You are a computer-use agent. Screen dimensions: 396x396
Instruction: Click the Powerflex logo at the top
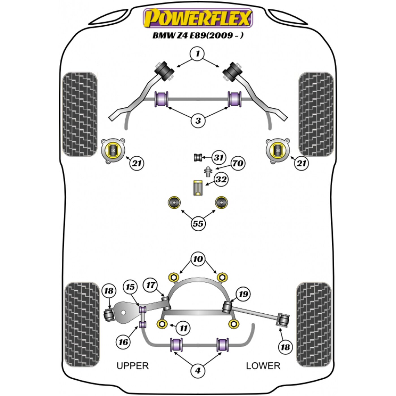[x=198, y=18]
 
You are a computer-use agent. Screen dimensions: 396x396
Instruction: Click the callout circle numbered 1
[x=198, y=54]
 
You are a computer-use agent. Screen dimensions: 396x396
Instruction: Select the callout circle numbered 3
[x=198, y=121]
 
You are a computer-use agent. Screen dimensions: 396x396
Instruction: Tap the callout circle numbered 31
[x=218, y=158]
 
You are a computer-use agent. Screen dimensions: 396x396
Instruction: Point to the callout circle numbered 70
[x=238, y=163]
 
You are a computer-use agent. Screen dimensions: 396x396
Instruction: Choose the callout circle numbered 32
[x=221, y=179]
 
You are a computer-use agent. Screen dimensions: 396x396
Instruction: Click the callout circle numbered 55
[x=198, y=223]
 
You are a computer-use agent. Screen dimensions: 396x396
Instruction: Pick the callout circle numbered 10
[x=198, y=259]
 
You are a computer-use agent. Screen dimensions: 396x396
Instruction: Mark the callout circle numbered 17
[x=151, y=285]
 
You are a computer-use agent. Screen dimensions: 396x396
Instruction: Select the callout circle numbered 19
[x=243, y=294]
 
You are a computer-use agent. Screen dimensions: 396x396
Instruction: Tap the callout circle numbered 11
[x=183, y=328]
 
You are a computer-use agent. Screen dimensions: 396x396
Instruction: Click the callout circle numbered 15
[x=130, y=287]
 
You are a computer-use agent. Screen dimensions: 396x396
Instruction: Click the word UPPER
[x=133, y=366]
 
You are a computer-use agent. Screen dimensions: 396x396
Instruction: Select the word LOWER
[x=263, y=366]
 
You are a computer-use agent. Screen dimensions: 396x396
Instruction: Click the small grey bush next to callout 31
[x=198, y=158]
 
